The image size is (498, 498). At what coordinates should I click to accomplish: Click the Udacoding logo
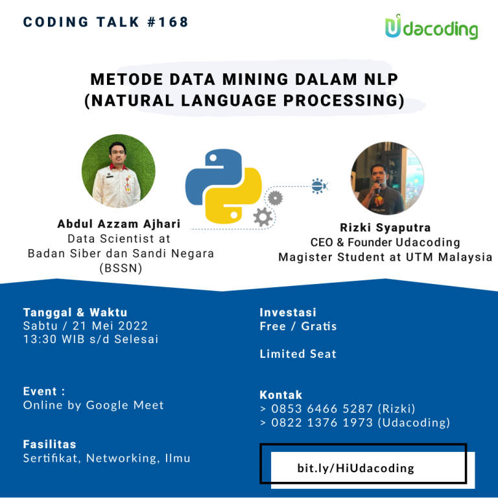[431, 27]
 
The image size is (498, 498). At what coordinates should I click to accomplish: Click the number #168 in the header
[168, 22]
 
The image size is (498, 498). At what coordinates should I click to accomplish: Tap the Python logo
[224, 186]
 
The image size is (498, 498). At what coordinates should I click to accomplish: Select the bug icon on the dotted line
[319, 186]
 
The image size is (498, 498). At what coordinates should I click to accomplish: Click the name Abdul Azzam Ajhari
[119, 224]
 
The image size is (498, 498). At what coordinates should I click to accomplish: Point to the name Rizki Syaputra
[385, 228]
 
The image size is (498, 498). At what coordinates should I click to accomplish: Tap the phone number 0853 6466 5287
[322, 409]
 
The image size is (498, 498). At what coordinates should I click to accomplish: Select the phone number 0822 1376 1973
[322, 423]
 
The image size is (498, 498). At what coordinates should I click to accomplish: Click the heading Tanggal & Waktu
[75, 313]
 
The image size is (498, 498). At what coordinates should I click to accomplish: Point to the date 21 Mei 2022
[110, 326]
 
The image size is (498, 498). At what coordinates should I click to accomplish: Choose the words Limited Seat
[298, 354]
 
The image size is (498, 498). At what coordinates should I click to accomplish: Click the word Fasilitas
[49, 444]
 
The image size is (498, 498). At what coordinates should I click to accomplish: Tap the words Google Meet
[124, 405]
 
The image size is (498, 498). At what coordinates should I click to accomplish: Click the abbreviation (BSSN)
[121, 268]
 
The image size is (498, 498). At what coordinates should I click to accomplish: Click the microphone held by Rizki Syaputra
[377, 187]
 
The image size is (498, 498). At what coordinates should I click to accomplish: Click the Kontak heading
[281, 395]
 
